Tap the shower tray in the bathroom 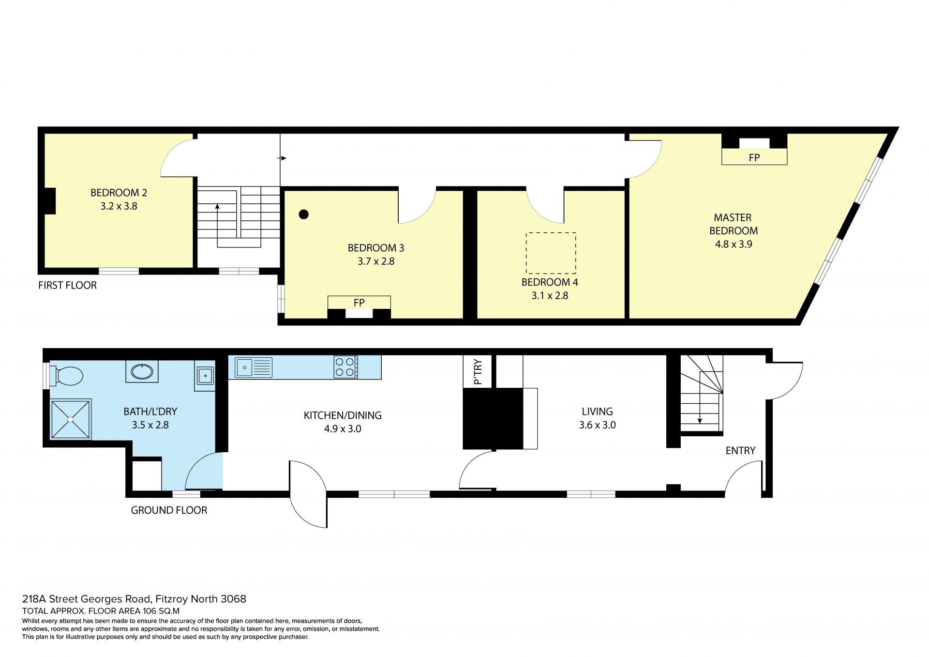tap(71, 419)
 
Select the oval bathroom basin tap(142, 372)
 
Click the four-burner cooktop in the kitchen tap(346, 367)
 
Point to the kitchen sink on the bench tap(254, 367)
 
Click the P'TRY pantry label tap(478, 372)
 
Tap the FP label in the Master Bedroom tap(754, 157)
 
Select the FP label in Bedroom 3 tap(359, 303)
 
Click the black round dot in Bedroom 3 tap(304, 214)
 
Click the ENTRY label tap(740, 451)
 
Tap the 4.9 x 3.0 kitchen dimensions tap(343, 428)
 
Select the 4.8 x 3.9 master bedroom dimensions tap(734, 244)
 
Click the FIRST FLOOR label tap(67, 285)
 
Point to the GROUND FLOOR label tap(169, 510)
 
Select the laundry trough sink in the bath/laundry tap(205, 376)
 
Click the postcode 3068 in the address tap(233, 599)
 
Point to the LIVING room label tap(597, 412)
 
